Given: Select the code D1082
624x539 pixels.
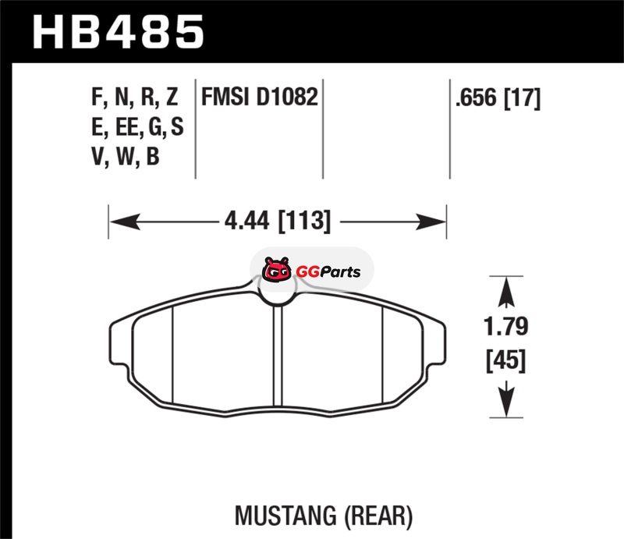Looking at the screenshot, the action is point(287,97).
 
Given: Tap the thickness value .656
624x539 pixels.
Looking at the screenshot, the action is point(477,98).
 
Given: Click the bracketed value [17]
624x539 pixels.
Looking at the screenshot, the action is point(522,98).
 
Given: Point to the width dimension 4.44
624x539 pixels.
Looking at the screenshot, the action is point(246,221).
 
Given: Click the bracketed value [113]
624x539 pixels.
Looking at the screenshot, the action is point(304,222).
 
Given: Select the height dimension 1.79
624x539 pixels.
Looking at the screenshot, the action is point(505,326).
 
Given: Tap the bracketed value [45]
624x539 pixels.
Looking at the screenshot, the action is point(505,361).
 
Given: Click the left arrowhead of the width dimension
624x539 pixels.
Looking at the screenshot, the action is point(125,222).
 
